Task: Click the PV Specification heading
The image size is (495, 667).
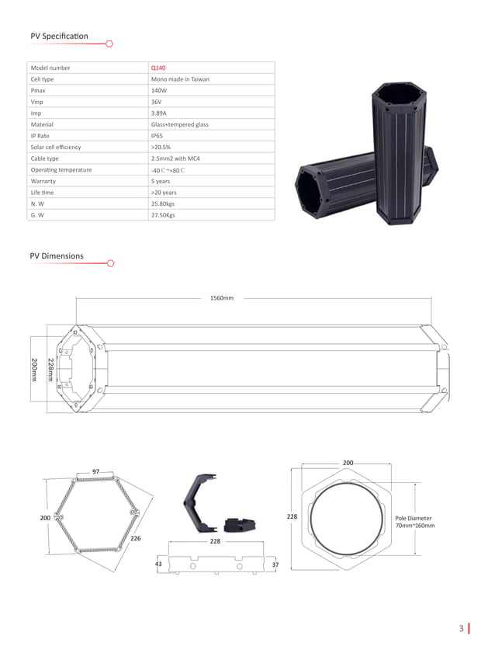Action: [59, 36]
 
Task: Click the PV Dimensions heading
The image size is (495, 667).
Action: [57, 255]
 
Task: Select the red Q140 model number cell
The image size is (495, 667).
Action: [158, 68]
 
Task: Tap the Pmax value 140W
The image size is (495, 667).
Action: [158, 90]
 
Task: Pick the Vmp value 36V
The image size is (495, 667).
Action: [156, 102]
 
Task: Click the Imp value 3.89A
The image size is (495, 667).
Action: [159, 113]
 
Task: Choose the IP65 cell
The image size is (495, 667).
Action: [157, 136]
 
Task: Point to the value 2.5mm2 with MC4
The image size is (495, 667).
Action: [175, 158]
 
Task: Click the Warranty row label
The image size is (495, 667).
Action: [43, 181]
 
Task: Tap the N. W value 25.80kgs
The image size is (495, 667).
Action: [163, 203]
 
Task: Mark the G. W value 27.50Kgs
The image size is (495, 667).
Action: [163, 215]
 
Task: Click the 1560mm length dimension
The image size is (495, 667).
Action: [222, 298]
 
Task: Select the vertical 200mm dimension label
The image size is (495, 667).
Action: [34, 370]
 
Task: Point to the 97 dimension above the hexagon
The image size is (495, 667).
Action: [95, 471]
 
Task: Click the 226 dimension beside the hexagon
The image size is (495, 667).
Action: [135, 537]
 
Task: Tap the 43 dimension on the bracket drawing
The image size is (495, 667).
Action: [158, 564]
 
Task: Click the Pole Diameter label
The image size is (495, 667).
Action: [413, 518]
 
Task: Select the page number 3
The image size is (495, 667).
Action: [461, 628]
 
